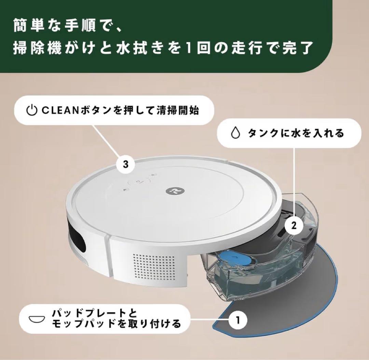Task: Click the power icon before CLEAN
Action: pos(31,111)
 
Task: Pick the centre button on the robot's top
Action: pos(138,182)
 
